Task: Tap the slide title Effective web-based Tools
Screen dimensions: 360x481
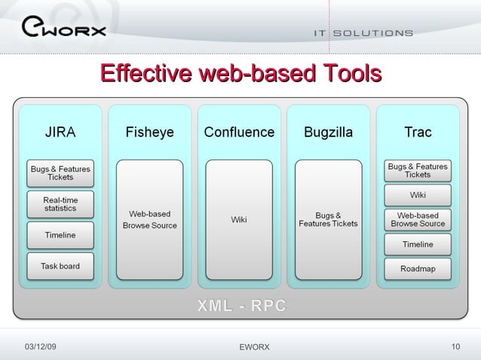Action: pyautogui.click(x=240, y=75)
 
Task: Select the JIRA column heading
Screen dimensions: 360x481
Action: pyautogui.click(x=60, y=133)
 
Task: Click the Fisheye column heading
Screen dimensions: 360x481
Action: pyautogui.click(x=149, y=133)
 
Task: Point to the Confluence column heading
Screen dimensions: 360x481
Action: pyautogui.click(x=239, y=133)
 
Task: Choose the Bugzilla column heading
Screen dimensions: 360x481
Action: pyautogui.click(x=328, y=133)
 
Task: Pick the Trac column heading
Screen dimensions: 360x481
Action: pyautogui.click(x=418, y=133)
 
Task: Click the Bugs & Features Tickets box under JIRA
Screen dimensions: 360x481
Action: pyautogui.click(x=60, y=173)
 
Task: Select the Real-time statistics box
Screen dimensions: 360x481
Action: pyautogui.click(x=60, y=203)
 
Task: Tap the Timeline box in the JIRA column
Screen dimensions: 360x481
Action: pyautogui.click(x=60, y=235)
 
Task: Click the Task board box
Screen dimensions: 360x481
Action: pyautogui.click(x=60, y=266)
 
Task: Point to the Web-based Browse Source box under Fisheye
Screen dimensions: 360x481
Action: pyautogui.click(x=150, y=220)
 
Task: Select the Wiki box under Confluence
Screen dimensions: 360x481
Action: pyautogui.click(x=239, y=220)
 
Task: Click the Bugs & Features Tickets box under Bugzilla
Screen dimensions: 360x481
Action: pyautogui.click(x=328, y=220)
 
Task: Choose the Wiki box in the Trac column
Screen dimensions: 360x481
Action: pyautogui.click(x=418, y=195)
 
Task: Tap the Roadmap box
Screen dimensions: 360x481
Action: pyautogui.click(x=418, y=268)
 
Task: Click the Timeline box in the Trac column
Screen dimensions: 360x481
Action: pyautogui.click(x=418, y=244)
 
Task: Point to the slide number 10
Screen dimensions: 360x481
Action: pyautogui.click(x=455, y=346)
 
